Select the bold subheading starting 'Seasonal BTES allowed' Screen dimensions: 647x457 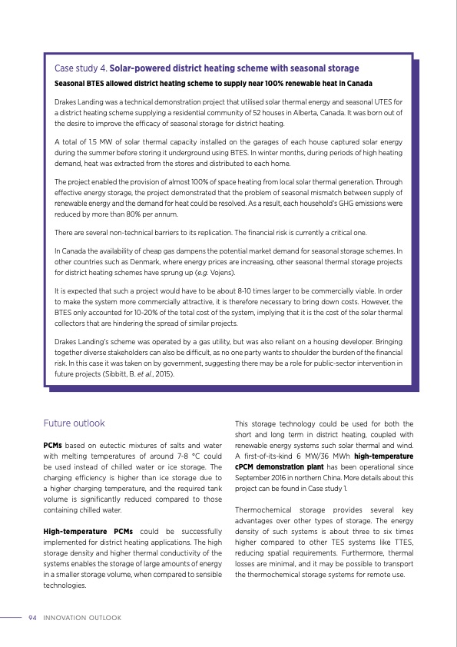214,83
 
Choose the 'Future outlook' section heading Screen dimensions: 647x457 75,423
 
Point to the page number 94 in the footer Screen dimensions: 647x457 32,617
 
